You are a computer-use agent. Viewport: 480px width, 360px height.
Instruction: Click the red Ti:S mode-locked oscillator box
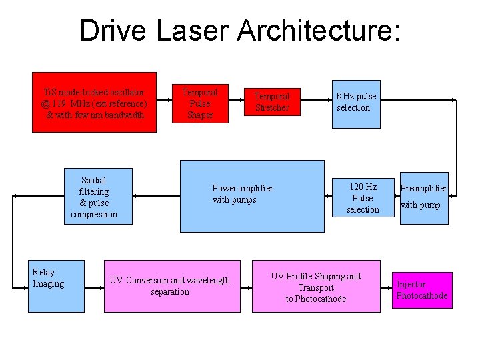(94, 103)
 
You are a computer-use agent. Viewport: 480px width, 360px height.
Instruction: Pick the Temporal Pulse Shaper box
(200, 103)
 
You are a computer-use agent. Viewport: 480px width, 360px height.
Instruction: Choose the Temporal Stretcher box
(272, 102)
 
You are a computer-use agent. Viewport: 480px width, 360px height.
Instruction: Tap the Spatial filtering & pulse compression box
(94, 197)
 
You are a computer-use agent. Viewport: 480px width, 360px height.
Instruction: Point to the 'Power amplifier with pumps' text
(243, 194)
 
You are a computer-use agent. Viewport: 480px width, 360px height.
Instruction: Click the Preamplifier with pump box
(424, 197)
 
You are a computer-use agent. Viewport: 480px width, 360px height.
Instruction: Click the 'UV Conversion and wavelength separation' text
(169, 286)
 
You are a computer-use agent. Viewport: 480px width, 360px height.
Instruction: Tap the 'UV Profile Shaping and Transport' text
(316, 281)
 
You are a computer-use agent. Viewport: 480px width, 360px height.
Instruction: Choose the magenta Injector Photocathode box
(422, 290)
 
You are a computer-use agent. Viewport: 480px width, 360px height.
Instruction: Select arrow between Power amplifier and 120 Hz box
(329, 196)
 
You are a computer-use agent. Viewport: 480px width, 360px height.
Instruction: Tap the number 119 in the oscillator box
(60, 103)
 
